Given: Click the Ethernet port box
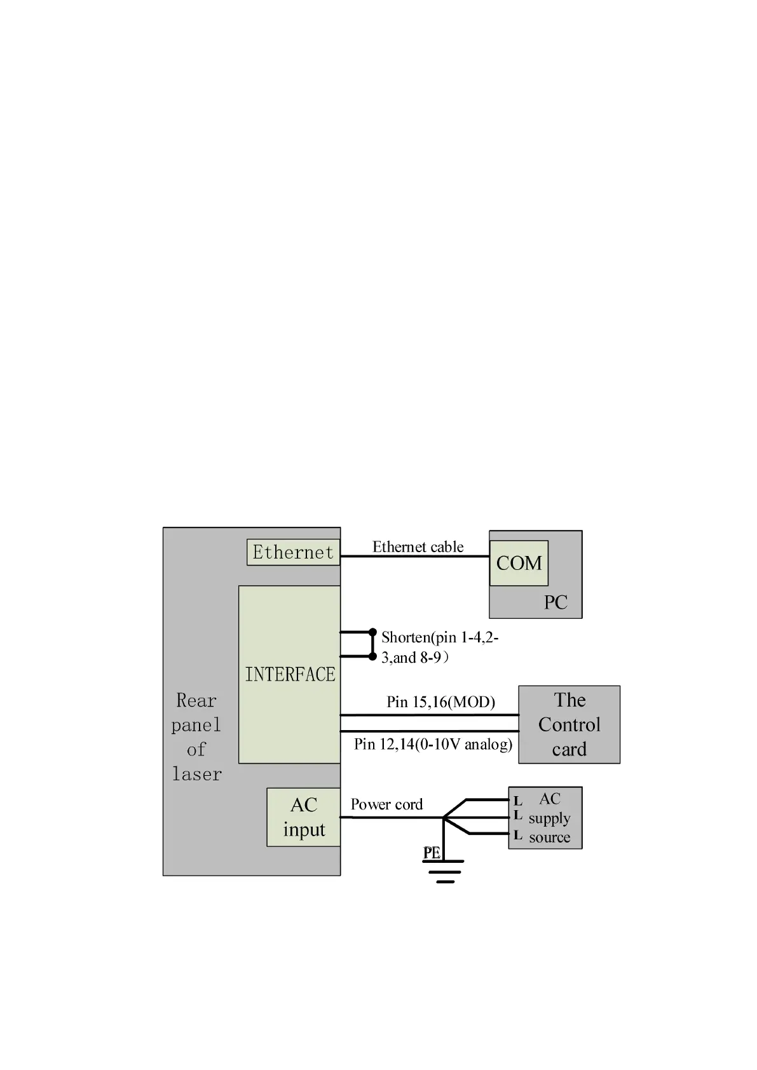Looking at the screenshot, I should pyautogui.click(x=293, y=552).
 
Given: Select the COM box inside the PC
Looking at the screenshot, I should pyautogui.click(x=519, y=563).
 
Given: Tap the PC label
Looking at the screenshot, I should pyautogui.click(x=555, y=602).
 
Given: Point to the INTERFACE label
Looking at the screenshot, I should pyautogui.click(x=290, y=674).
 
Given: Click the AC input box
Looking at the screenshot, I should pyautogui.click(x=304, y=817).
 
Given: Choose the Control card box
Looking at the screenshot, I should pyautogui.click(x=569, y=724).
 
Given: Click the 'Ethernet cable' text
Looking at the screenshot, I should pyautogui.click(x=418, y=546).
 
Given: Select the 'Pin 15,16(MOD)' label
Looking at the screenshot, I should pyautogui.click(x=440, y=701).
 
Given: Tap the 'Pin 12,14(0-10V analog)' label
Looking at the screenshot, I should pyautogui.click(x=433, y=743).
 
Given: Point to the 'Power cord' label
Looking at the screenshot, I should pyautogui.click(x=386, y=804).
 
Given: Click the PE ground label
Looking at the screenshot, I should pyautogui.click(x=432, y=853).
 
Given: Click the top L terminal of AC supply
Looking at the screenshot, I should pyautogui.click(x=518, y=801).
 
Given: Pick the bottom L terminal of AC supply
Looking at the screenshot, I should pyautogui.click(x=518, y=835).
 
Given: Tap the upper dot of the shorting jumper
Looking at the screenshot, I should pyautogui.click(x=373, y=632).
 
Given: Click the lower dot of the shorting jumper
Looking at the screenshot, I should pyautogui.click(x=373, y=656).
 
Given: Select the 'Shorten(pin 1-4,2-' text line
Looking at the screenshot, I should pyautogui.click(x=440, y=637).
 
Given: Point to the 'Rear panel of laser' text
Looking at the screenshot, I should pyautogui.click(x=196, y=737).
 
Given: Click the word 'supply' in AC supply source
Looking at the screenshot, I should pyautogui.click(x=549, y=818).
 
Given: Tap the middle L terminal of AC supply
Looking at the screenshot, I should pyautogui.click(x=518, y=815).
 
